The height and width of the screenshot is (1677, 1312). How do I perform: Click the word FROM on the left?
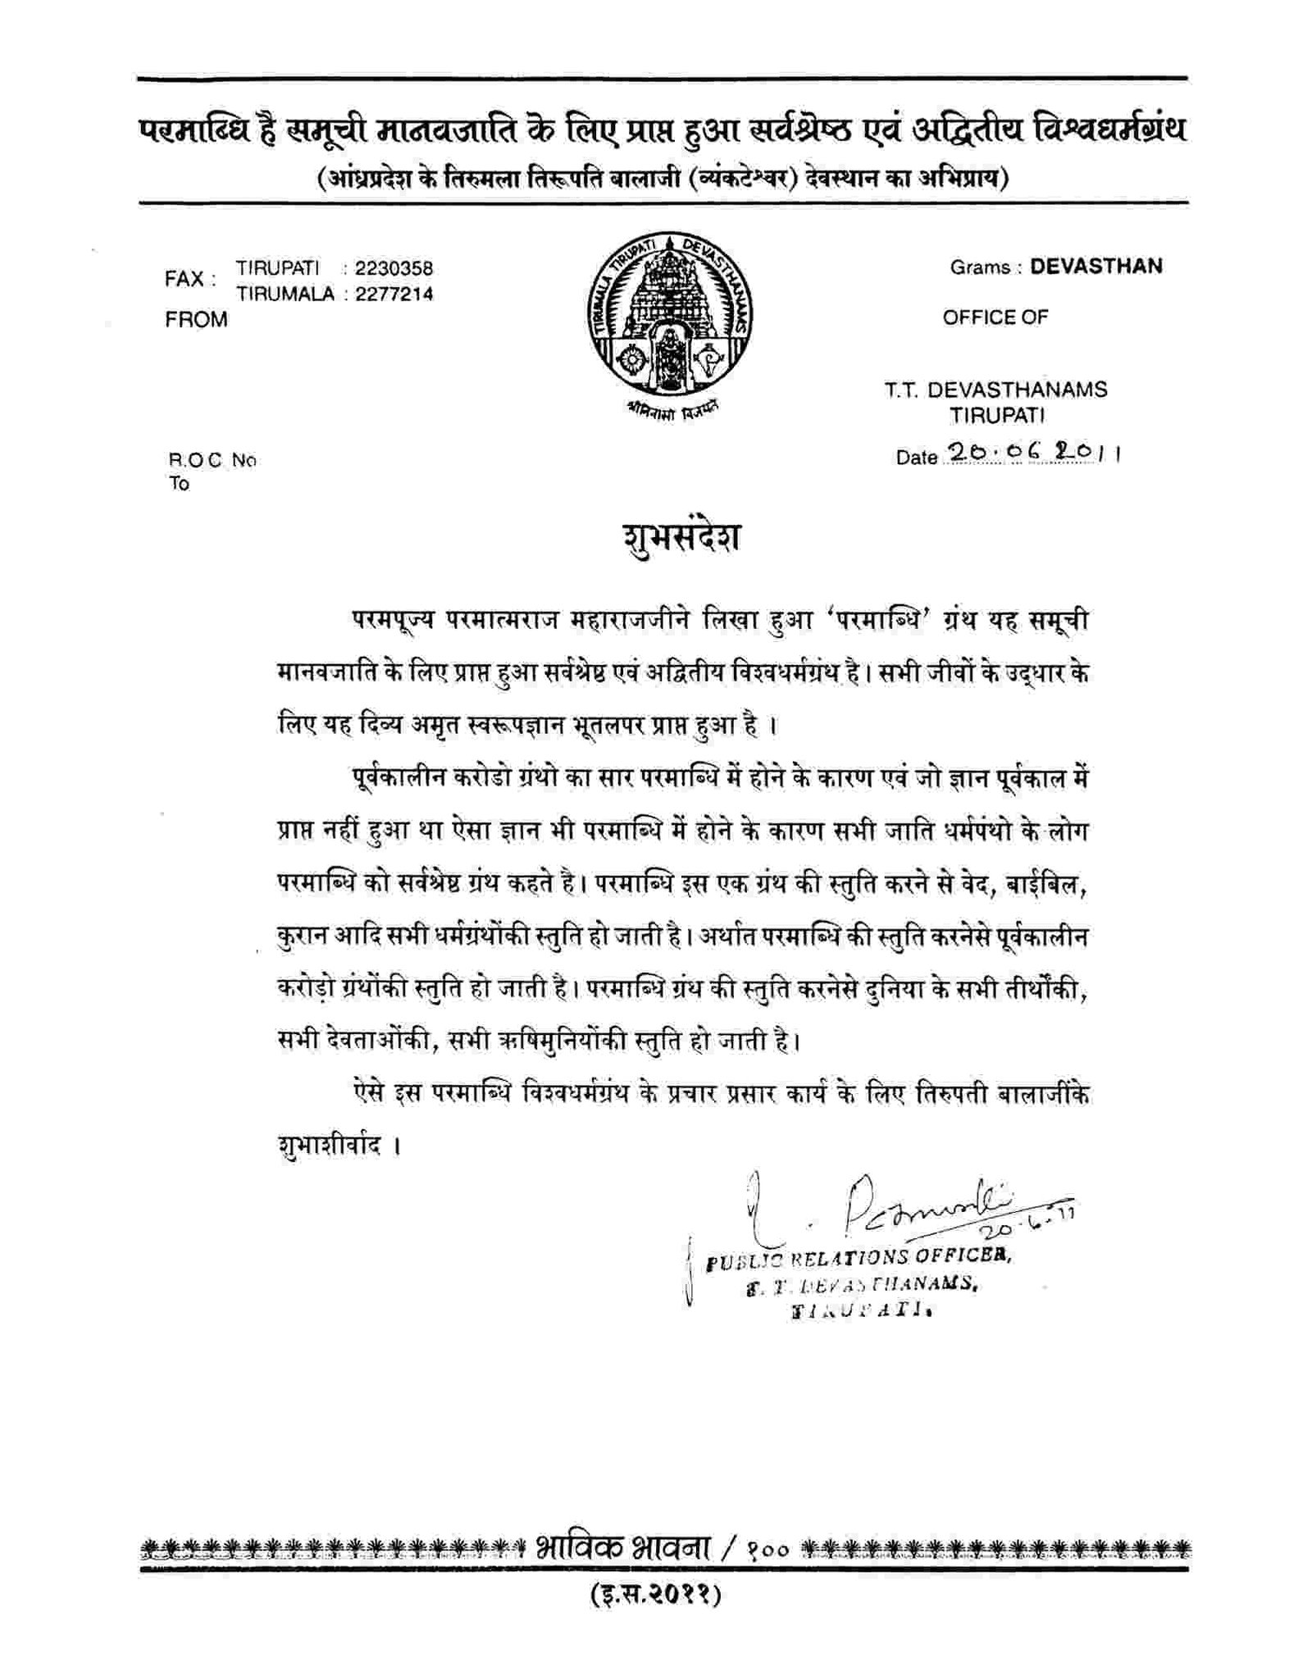pos(196,321)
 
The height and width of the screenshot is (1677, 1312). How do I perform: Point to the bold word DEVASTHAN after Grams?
pos(1096,267)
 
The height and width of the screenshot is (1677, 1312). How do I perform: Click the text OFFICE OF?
pos(995,317)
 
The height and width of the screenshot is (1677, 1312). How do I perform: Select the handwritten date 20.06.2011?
pos(1032,453)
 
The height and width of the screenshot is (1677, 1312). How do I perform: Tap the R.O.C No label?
pos(212,460)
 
